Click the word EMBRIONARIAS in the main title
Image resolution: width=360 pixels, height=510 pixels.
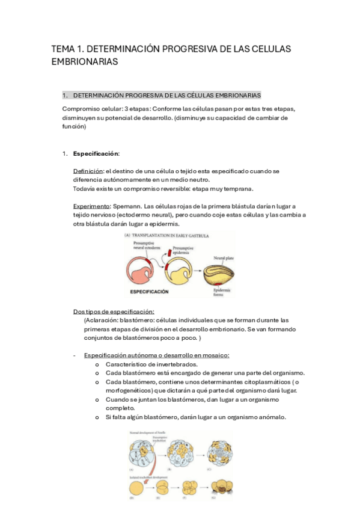pos(84,62)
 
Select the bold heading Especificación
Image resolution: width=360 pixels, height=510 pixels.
pos(96,153)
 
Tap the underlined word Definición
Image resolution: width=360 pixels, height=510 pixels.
pos(88,171)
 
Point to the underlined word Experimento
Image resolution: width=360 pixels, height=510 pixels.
pos(91,206)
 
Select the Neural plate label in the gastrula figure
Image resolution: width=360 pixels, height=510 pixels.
pos(224,257)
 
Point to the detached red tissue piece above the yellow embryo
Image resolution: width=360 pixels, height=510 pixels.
pos(165,248)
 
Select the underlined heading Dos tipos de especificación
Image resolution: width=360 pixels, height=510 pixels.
pos(114,312)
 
